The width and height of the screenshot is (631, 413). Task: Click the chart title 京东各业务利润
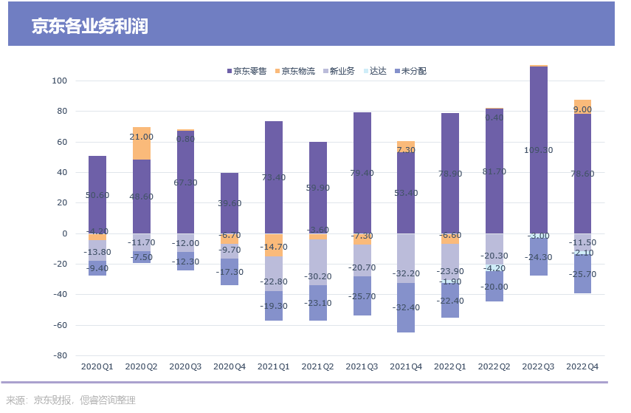tap(89, 27)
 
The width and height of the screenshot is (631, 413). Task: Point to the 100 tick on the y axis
tap(61, 81)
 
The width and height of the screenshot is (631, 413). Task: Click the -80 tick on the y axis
tap(59, 355)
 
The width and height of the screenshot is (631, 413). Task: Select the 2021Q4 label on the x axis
tap(406, 366)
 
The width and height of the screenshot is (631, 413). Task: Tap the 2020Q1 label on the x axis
tap(97, 366)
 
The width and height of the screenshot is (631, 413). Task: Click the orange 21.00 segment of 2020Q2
tap(142, 143)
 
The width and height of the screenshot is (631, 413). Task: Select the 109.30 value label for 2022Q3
tap(538, 149)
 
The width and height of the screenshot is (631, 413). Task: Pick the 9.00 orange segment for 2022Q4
tap(582, 106)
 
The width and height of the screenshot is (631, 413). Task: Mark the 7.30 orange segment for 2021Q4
tap(406, 146)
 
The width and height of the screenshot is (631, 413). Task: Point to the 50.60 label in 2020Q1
tap(97, 195)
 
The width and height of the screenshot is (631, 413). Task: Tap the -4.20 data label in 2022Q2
tap(494, 268)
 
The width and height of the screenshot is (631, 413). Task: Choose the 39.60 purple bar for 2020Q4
tap(230, 203)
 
